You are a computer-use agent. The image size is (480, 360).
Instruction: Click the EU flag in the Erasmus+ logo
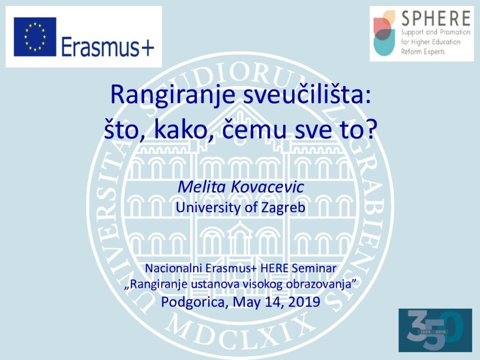[x=35, y=37]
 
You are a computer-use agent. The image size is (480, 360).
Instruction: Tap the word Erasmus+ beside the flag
[x=107, y=47]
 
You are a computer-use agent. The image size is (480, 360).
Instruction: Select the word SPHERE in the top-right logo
[x=436, y=18]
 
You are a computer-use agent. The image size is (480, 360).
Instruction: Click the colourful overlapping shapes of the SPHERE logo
[x=384, y=33]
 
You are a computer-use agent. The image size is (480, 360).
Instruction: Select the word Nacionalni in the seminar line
[x=173, y=268]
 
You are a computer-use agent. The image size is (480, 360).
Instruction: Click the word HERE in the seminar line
[x=274, y=268]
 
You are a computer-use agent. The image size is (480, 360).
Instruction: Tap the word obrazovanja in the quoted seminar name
[x=320, y=285]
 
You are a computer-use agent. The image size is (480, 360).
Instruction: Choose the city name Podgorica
[x=195, y=302]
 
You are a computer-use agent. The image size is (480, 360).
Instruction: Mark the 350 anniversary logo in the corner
[x=435, y=330]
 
